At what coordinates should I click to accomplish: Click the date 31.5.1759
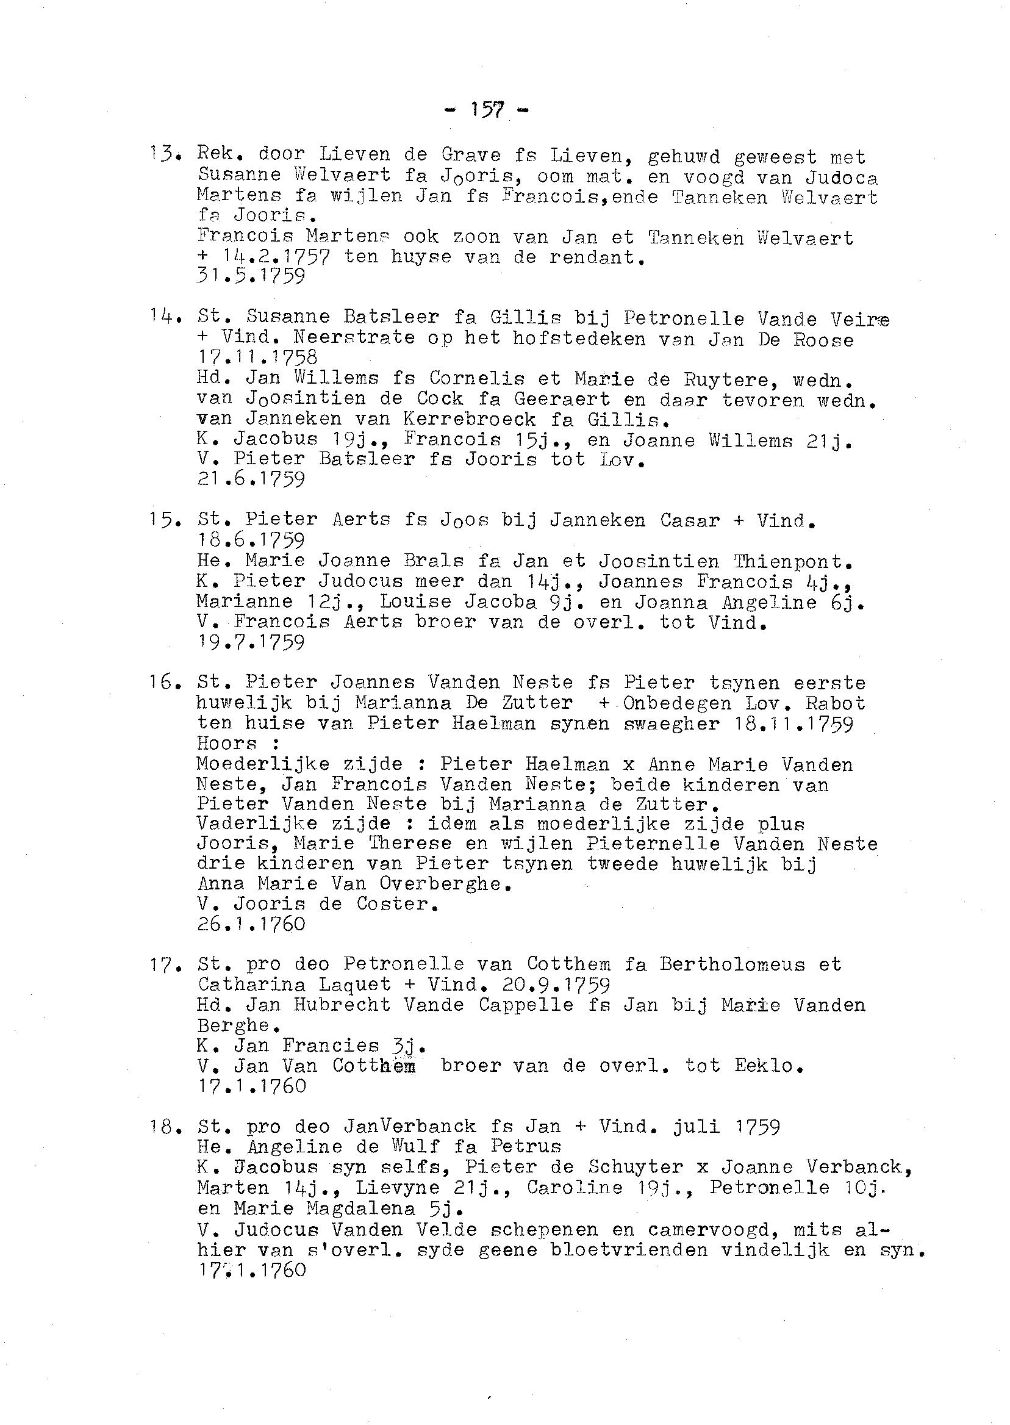click(251, 276)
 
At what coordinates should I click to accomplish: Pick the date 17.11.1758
click(257, 357)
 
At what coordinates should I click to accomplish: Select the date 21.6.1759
click(251, 479)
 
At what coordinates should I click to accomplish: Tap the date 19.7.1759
click(251, 642)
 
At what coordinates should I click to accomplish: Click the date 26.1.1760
click(251, 924)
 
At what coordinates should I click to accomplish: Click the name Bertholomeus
click(732, 964)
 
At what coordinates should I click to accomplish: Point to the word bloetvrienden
click(629, 1249)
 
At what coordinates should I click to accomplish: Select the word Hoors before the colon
click(226, 743)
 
